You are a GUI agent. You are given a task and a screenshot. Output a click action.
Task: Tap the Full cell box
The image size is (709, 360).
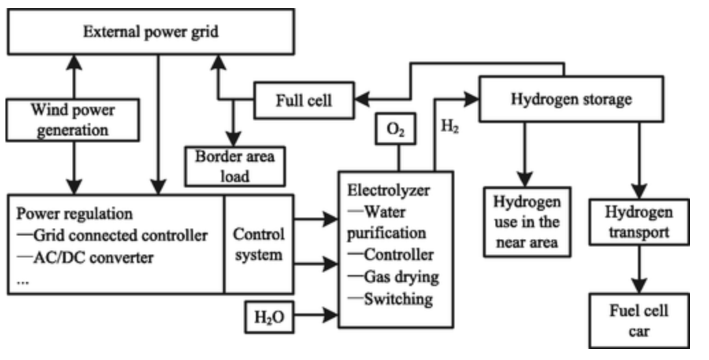304,100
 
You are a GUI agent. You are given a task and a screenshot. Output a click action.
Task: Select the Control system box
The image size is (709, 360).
259,245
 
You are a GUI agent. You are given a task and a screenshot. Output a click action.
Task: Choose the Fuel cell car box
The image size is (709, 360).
639,321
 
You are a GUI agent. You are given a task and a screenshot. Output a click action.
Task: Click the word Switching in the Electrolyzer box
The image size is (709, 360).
398,298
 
